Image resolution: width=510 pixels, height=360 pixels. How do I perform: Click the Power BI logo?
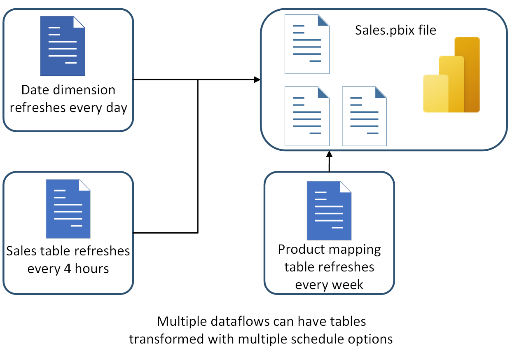click(x=452, y=75)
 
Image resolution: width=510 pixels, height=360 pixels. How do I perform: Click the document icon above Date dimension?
click(x=63, y=46)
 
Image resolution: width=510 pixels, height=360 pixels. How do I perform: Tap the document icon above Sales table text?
click(x=68, y=209)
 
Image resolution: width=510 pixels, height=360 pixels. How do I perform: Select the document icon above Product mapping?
click(x=329, y=210)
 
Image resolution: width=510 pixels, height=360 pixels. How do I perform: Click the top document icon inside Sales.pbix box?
click(x=307, y=44)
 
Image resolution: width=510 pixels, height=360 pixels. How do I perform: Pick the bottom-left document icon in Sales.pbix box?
click(x=307, y=116)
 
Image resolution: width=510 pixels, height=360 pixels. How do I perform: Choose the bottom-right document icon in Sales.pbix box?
click(x=364, y=116)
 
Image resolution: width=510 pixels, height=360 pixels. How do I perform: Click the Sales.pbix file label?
click(x=395, y=30)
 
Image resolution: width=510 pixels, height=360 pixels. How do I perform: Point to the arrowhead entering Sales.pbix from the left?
click(x=257, y=79)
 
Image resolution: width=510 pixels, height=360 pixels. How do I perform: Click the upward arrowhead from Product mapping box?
click(x=329, y=154)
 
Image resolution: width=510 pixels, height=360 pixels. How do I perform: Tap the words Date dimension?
click(x=68, y=90)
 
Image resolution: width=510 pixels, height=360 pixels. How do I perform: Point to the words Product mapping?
click(x=329, y=250)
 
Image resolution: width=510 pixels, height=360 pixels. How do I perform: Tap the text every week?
click(x=329, y=284)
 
